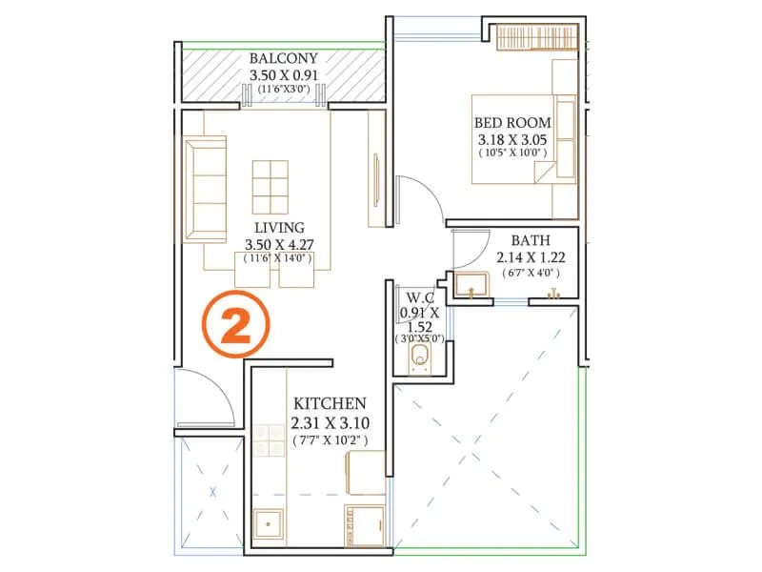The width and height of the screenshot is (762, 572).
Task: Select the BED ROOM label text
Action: coord(511,123)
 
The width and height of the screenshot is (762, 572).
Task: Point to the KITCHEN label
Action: coord(329,403)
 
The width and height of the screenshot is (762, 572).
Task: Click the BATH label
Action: coord(530,241)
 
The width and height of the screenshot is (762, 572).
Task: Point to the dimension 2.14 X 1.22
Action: coord(531,257)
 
